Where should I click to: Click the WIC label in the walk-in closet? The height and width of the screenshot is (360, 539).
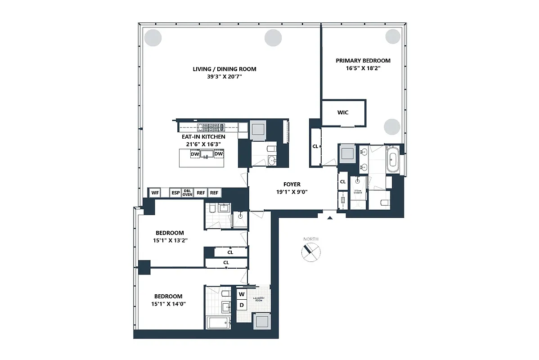tap(343, 112)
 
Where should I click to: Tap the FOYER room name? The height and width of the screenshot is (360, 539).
tap(292, 184)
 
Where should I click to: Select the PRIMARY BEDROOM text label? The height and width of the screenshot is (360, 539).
tap(363, 61)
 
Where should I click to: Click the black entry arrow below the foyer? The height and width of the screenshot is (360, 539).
tap(330, 218)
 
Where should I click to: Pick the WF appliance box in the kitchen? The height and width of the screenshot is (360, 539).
tap(155, 193)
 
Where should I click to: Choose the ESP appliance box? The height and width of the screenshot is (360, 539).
tap(175, 193)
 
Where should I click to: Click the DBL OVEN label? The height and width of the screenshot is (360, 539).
tap(188, 193)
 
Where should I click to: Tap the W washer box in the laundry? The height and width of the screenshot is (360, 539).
tap(242, 294)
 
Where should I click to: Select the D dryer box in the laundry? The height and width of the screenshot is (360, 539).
tap(242, 305)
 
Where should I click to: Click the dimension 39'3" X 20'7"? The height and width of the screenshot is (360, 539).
tap(224, 77)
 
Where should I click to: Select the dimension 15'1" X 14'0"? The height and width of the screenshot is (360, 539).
tap(168, 304)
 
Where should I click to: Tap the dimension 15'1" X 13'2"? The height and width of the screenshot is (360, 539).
tap(170, 240)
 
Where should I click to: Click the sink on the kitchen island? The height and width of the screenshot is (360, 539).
tap(207, 154)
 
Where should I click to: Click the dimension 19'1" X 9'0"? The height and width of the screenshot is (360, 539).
tap(292, 192)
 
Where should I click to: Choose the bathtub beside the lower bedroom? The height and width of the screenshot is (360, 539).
tap(218, 322)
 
